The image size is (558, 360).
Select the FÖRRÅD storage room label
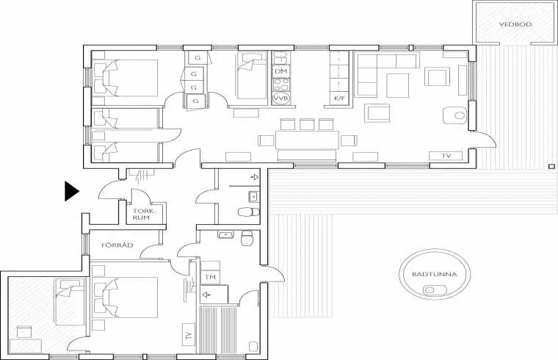click(x=117, y=245)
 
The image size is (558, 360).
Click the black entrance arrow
click(x=71, y=191)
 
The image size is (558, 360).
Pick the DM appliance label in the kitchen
click(x=281, y=71)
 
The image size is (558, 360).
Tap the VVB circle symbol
click(x=281, y=98)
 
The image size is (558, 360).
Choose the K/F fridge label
click(x=339, y=98)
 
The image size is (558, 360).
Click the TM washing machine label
click(x=210, y=277)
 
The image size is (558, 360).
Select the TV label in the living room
click(x=446, y=156)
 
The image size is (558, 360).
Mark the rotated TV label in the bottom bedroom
click(x=189, y=335)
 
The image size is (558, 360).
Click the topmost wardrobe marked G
click(x=198, y=58)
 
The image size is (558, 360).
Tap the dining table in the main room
click(x=307, y=140)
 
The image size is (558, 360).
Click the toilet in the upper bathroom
click(x=249, y=212)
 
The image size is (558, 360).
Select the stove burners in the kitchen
click(x=281, y=84)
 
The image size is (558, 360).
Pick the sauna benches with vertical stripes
click(x=218, y=329)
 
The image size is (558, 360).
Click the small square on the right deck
click(x=551, y=166)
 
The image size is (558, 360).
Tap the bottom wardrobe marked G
click(x=195, y=101)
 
